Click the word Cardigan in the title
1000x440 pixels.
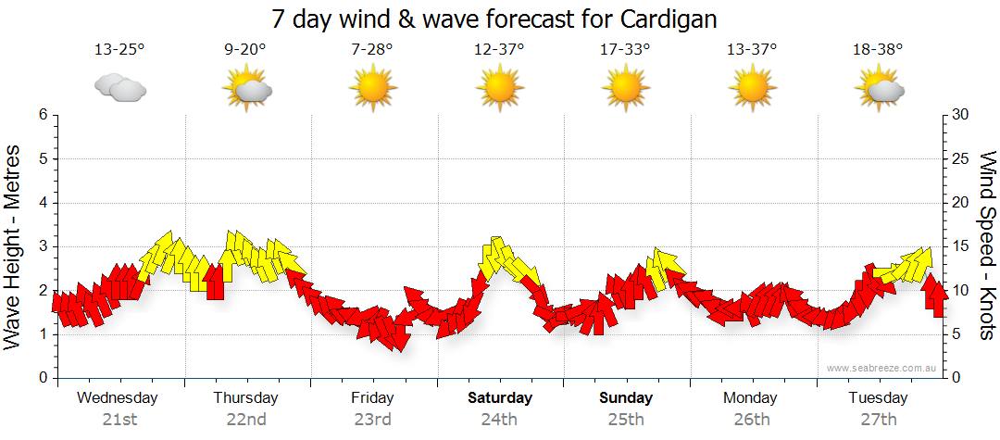[x=664, y=19]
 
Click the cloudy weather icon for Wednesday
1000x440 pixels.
[x=119, y=88]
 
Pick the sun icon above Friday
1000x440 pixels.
[x=372, y=89]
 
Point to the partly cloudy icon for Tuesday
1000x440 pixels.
[x=880, y=89]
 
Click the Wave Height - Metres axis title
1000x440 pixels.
[x=14, y=245]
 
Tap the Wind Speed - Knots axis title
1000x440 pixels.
[x=987, y=245]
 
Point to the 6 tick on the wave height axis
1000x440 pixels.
[x=42, y=115]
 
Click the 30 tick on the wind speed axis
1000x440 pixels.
[x=961, y=115]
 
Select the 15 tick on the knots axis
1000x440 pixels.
[x=961, y=246]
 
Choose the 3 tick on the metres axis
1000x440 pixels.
[x=42, y=246]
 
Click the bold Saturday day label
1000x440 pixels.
[x=500, y=398]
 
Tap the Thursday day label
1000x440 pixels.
[x=245, y=398]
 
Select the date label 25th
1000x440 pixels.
[x=626, y=419]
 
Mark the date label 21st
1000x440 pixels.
[x=119, y=419]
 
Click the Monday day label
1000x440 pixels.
[x=751, y=398]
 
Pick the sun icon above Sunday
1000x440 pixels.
[x=626, y=89]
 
